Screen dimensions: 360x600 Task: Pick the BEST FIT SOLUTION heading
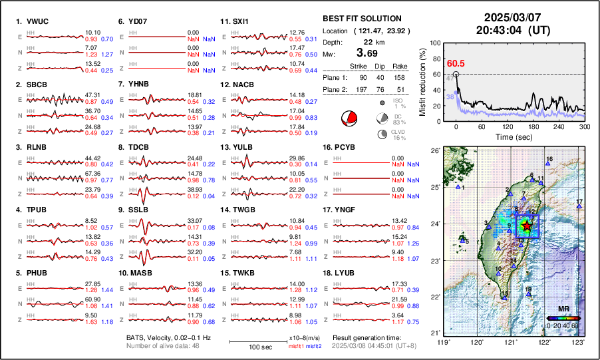coord(361,19)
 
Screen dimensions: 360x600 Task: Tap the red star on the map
coord(527,226)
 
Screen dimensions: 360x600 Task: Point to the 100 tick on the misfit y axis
coord(435,42)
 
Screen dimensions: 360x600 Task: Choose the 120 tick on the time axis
coord(508,127)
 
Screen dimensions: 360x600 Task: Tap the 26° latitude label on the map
coord(434,151)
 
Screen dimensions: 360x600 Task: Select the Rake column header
coord(399,66)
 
